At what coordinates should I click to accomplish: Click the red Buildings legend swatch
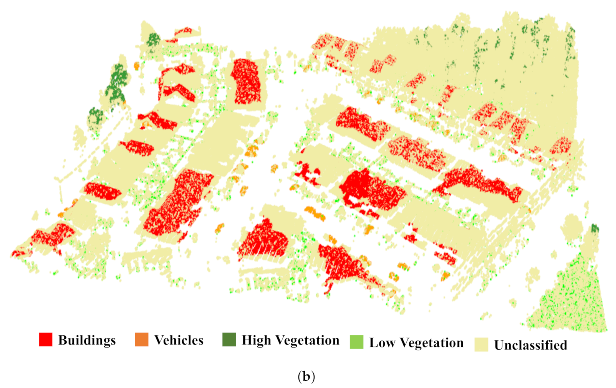[45, 339]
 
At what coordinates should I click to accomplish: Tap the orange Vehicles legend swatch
[142, 339]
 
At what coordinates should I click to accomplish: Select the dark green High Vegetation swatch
[229, 339]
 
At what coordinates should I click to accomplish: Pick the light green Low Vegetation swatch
[356, 342]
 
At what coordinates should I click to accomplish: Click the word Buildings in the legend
[87, 340]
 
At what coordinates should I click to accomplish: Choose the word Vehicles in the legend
[179, 340]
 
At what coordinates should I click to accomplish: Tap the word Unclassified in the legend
[531, 345]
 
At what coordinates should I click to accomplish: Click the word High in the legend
[256, 340]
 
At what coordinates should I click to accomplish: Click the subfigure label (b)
[306, 376]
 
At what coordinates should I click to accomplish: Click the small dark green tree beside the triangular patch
[594, 228]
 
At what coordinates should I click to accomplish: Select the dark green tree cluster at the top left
[153, 39]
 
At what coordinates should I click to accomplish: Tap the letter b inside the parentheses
[306, 376]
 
